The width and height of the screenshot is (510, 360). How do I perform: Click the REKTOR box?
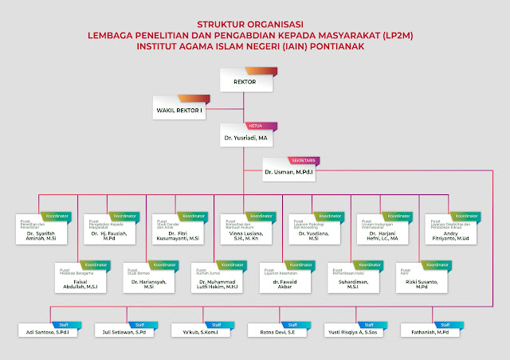pos(244,82)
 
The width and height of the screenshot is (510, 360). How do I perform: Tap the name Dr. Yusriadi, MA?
pos(245,138)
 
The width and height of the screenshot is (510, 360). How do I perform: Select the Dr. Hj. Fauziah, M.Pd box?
pos(109,234)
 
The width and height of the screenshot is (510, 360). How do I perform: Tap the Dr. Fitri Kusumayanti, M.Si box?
pos(178,234)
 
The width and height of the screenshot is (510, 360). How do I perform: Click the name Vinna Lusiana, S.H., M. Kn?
pos(245,234)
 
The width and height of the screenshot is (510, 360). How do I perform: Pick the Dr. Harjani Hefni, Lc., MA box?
pos(381,234)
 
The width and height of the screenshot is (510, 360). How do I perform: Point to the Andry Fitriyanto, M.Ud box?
pos(449,234)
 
